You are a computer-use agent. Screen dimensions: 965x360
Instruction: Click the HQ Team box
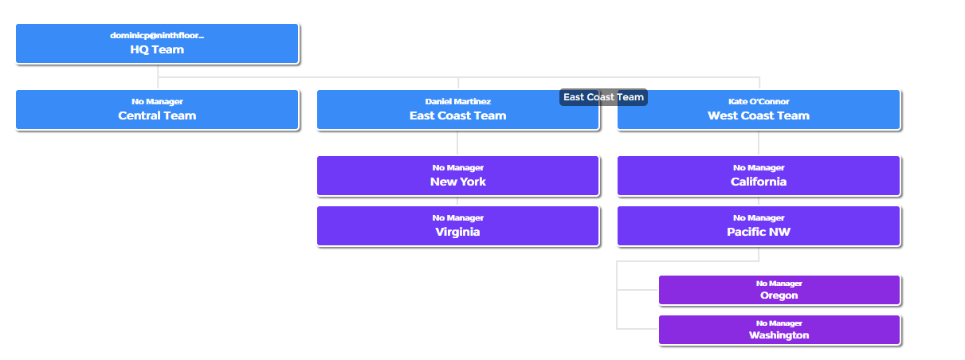coord(157,44)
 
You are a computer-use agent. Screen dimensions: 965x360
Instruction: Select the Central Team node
coord(157,110)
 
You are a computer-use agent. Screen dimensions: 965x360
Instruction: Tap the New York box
coord(458,176)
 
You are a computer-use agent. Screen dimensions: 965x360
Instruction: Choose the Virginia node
coord(458,226)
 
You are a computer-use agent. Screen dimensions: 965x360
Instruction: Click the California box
coord(759,176)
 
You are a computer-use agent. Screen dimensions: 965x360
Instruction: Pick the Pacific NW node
coord(759,226)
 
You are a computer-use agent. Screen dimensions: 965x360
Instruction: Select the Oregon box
coord(779,290)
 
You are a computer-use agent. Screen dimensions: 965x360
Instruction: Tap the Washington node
coord(779,330)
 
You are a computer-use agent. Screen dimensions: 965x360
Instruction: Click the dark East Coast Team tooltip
coord(603,97)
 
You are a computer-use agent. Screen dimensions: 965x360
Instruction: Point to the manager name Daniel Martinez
coord(458,102)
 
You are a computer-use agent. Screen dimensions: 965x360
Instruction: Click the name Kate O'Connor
coord(759,102)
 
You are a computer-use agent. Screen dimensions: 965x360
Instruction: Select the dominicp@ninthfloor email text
coord(157,36)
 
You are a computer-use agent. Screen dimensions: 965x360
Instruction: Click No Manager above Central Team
coord(157,102)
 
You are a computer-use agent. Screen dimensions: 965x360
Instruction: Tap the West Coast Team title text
coord(759,115)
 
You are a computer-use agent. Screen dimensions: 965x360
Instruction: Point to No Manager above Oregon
coord(779,284)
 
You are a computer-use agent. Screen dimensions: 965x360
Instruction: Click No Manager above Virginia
coord(458,218)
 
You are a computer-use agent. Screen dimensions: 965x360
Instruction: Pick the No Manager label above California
coord(759,168)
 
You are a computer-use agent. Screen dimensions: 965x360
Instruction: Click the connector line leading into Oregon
coord(637,290)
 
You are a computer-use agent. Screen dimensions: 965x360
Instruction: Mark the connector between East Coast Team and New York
coord(457,143)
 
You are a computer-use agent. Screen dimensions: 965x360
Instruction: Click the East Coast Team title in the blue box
coord(458,115)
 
